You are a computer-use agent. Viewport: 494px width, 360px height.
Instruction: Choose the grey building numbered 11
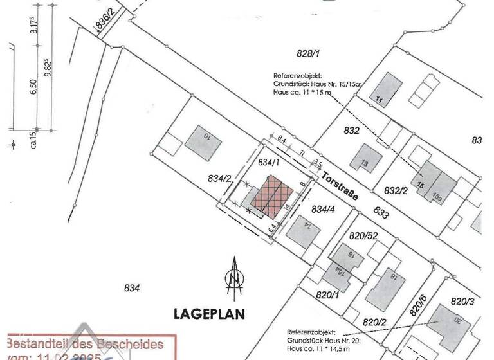tap(387, 89)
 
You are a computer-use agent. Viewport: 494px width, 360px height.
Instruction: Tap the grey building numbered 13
tap(366, 157)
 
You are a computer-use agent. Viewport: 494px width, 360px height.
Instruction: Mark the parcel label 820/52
tap(364, 236)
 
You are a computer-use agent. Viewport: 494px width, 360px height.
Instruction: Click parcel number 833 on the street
tap(381, 213)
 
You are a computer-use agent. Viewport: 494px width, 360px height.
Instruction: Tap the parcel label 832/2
tap(396, 191)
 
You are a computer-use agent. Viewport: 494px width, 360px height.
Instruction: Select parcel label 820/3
tap(462, 301)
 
